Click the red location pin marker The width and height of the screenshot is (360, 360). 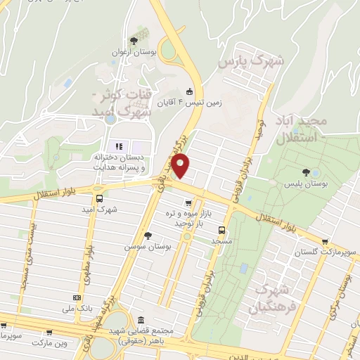[x=181, y=165]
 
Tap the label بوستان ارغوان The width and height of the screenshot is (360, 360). [x=131, y=53]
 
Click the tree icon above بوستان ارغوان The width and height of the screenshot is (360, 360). [x=134, y=41]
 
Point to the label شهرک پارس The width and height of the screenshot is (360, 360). [x=252, y=62]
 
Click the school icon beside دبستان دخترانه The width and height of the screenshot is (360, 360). [x=119, y=147]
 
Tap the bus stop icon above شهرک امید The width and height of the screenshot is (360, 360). [x=100, y=198]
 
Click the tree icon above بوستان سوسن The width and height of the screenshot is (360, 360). [x=147, y=236]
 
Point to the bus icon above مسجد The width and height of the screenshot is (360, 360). [x=222, y=229]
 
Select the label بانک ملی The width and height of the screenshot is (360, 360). [x=78, y=308]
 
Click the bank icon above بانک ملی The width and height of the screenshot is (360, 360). [x=67, y=297]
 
